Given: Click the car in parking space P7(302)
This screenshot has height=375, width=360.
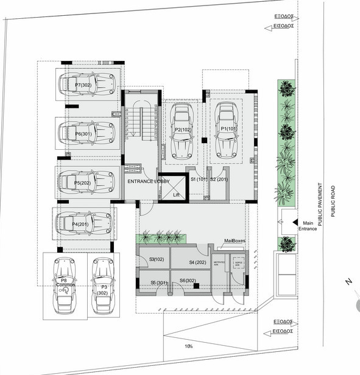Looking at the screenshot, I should pyautogui.click(x=86, y=85).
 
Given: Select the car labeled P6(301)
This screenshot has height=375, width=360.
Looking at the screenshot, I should pyautogui.click(x=86, y=132).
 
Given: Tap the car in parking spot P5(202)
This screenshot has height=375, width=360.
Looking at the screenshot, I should pyautogui.click(x=86, y=181).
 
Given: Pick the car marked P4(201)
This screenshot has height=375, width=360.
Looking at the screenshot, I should pyautogui.click(x=84, y=224).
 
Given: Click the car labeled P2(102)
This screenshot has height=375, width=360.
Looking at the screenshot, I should pyautogui.click(x=181, y=131).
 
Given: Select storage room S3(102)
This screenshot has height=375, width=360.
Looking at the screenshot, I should pyautogui.click(x=158, y=259).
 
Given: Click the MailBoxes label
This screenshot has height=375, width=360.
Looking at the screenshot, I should pyautogui.click(x=235, y=241).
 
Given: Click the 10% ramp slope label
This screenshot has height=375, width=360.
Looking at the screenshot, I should pyautogui.click(x=189, y=346).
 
